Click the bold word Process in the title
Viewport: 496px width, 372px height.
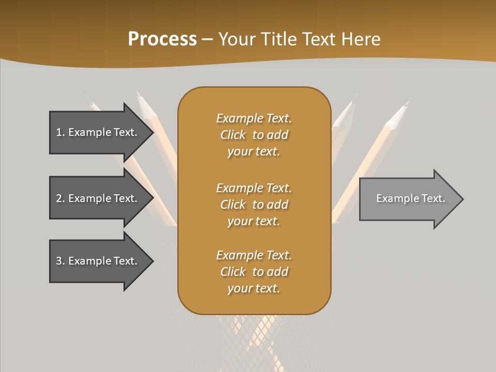162,39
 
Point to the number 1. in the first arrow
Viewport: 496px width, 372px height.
60,132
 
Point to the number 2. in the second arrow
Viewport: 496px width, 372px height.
60,198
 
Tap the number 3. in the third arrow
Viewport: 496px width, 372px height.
60,261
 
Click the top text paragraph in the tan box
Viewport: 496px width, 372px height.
254,135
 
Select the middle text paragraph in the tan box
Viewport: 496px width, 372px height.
254,205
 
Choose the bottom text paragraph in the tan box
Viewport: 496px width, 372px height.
254,272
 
